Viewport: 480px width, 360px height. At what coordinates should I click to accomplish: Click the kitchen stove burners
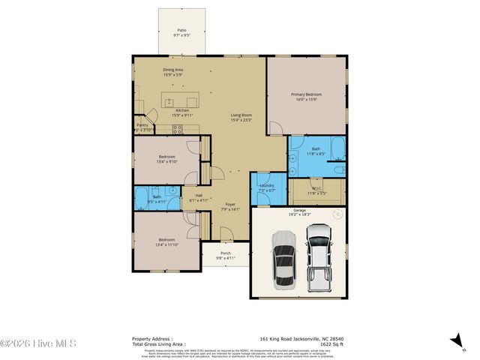pos(178,128)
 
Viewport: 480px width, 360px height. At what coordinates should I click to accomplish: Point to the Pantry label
pos(142,125)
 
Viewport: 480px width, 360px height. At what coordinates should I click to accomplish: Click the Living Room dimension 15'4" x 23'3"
pos(241,120)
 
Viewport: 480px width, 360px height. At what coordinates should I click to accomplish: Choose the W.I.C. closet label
pos(316,189)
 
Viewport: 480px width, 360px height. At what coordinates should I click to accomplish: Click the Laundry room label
pos(267,185)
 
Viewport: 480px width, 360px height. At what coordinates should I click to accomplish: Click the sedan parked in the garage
pos(284,259)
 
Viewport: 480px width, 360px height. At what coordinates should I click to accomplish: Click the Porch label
pos(226,253)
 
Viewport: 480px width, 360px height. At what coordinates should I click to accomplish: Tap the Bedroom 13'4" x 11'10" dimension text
pos(167,244)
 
